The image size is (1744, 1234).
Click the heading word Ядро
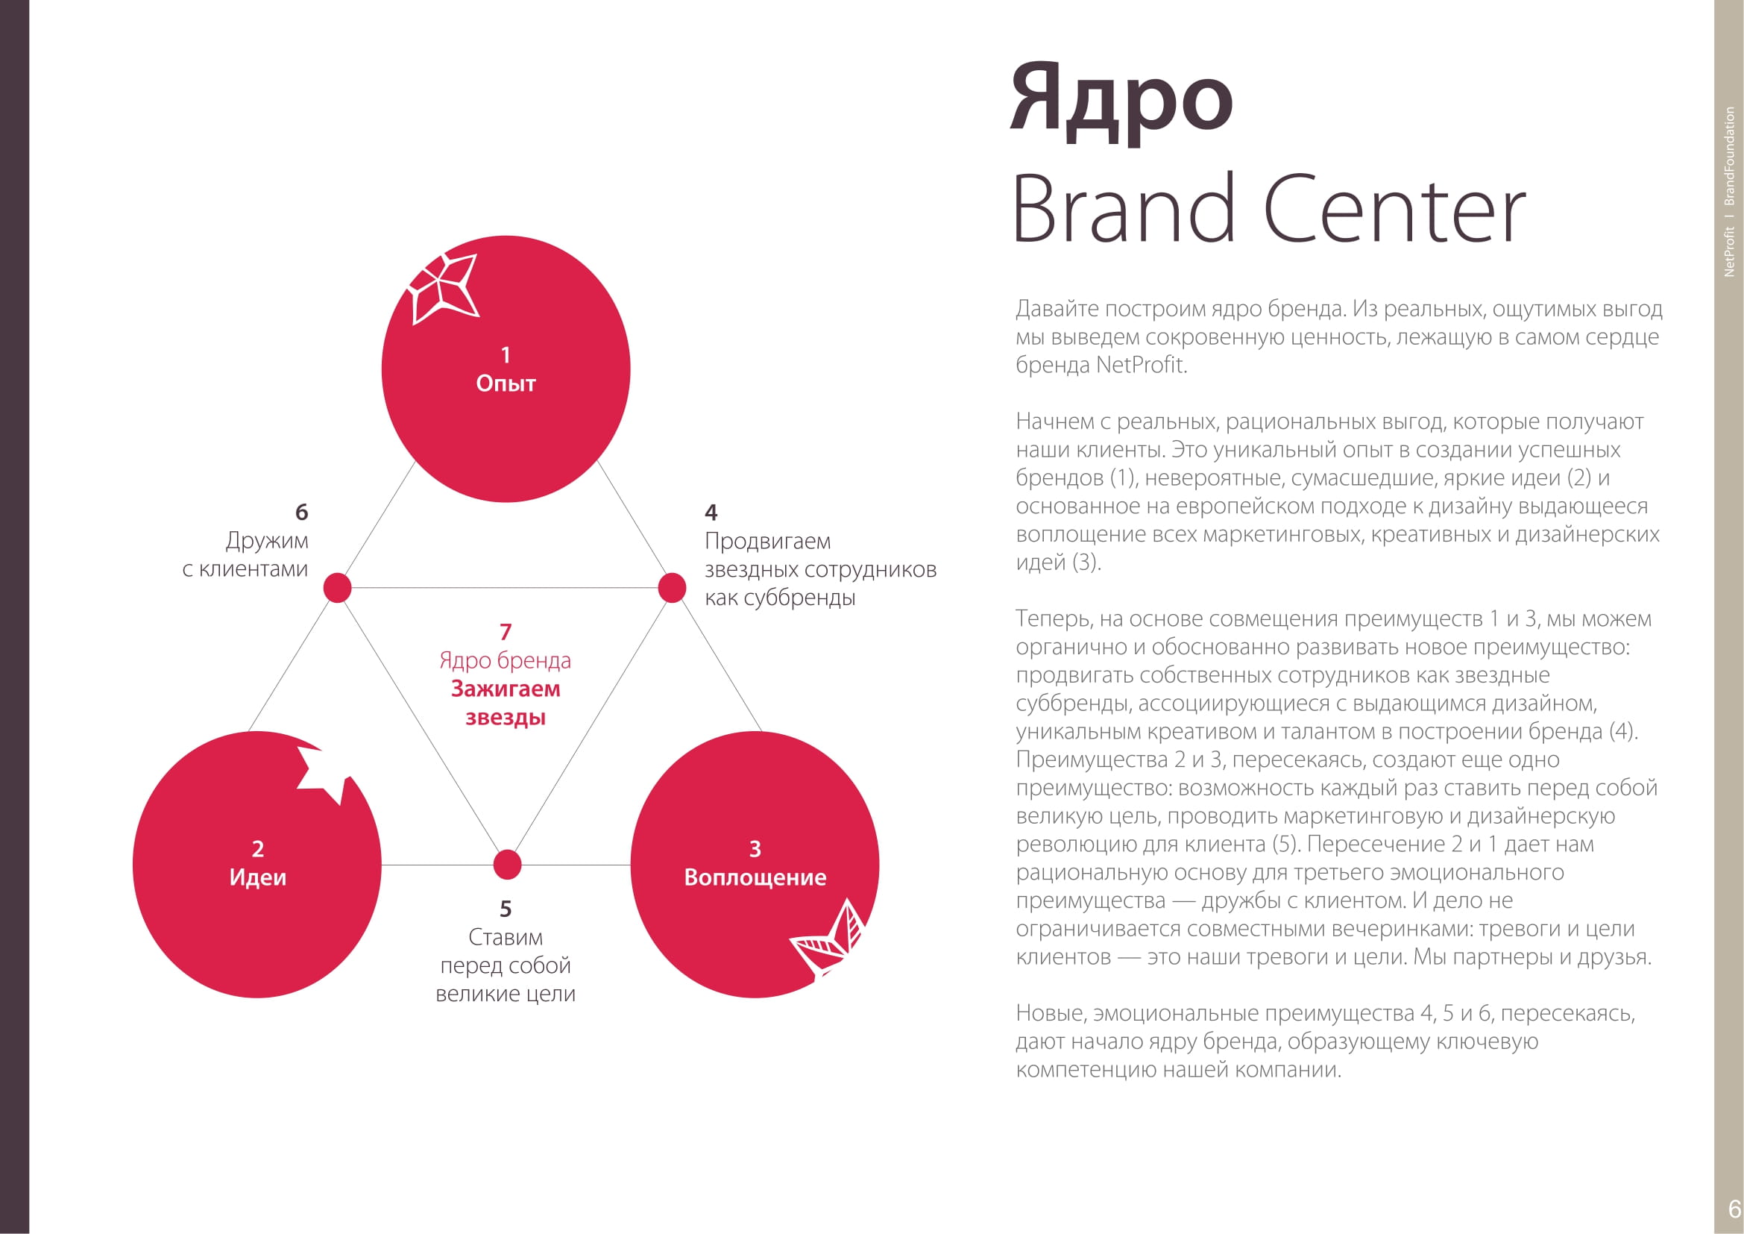point(1122,101)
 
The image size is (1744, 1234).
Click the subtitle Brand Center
point(1269,208)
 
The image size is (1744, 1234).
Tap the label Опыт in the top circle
point(506,383)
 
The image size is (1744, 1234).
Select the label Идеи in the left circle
point(257,877)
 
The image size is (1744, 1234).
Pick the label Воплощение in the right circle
point(755,877)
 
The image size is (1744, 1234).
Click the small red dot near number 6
point(337,588)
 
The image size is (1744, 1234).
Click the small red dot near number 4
point(672,588)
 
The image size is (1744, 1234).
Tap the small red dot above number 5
point(506,865)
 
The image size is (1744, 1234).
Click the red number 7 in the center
point(506,632)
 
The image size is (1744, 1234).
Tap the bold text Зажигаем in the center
point(506,689)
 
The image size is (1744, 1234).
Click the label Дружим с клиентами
point(245,554)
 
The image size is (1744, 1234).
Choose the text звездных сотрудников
point(820,570)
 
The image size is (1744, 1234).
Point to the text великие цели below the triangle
point(506,994)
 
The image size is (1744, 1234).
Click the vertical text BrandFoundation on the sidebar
point(1730,157)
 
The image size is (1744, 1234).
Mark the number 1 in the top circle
point(506,355)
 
